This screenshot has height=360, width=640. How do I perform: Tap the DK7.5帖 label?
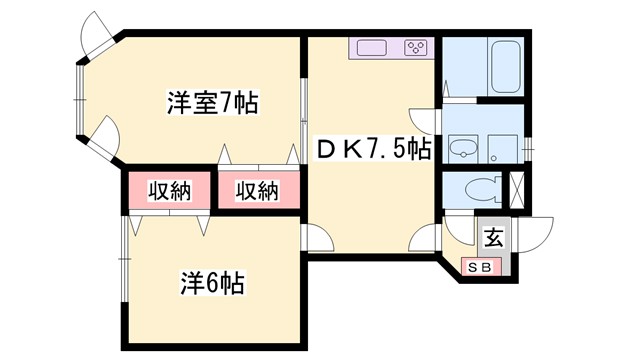tap(374, 149)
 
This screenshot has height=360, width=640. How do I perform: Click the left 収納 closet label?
tap(168, 189)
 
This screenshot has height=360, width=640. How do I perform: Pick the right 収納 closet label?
tap(258, 189)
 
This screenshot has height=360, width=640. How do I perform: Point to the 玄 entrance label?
tap(494, 238)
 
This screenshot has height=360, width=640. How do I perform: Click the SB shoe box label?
tap(478, 266)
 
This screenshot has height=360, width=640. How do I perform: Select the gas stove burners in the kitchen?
tap(415, 47)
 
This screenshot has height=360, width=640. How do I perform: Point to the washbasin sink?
tap(463, 149)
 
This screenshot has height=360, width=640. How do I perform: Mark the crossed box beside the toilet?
tap(517, 189)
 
